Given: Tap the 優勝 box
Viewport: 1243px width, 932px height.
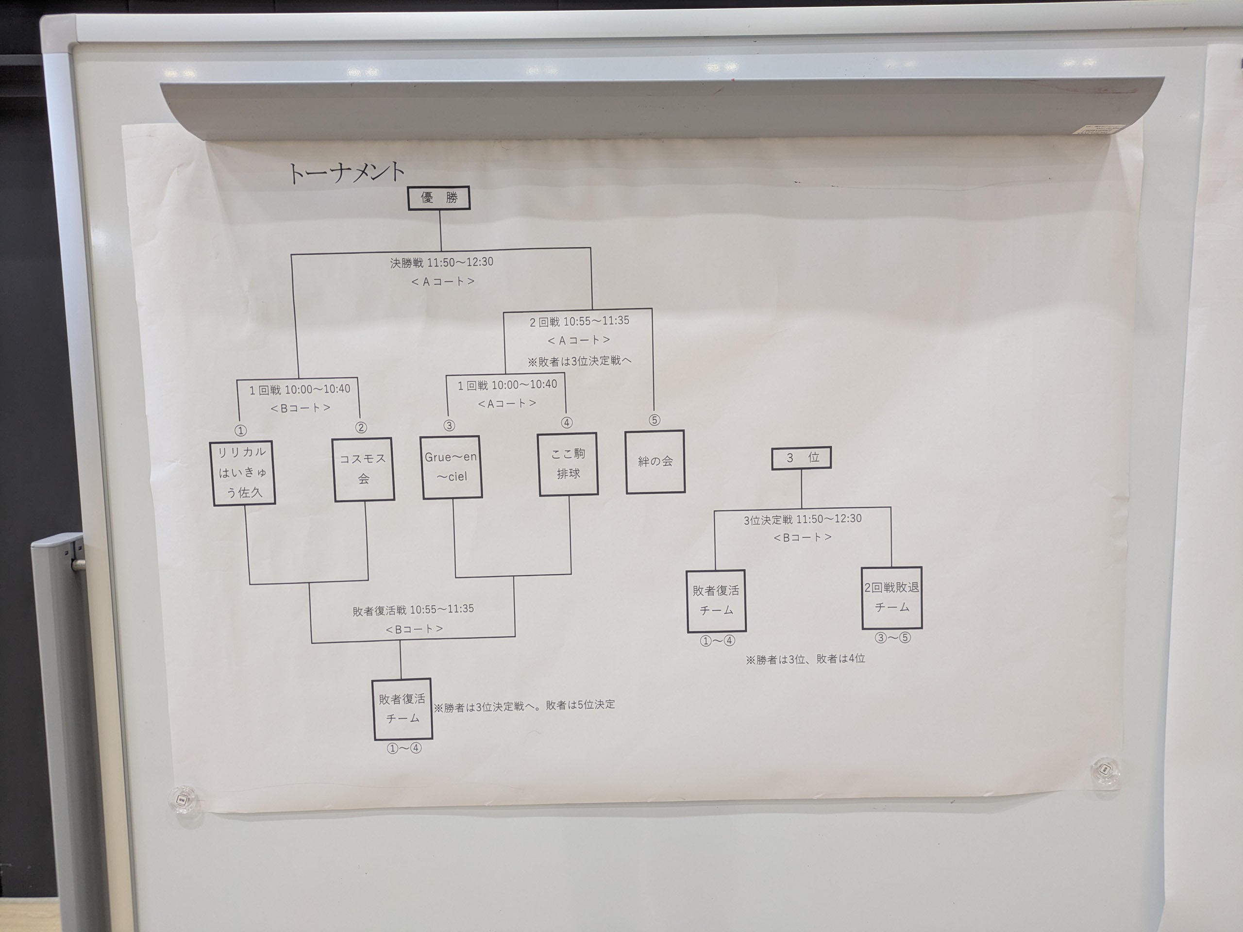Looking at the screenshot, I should point(439,198).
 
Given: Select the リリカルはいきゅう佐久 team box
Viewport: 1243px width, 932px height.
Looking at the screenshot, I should point(243,472).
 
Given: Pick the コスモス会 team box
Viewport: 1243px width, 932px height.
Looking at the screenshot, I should point(364,469).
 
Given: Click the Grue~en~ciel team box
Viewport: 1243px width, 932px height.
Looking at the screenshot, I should point(451,467).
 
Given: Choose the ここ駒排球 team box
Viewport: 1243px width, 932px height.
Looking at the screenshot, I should point(568,464).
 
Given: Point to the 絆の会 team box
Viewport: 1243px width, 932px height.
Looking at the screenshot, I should point(655,462).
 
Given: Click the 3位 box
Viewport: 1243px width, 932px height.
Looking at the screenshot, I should point(801,458).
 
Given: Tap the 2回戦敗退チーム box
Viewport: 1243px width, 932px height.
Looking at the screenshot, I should point(892,597).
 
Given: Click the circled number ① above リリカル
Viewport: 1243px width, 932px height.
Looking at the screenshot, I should point(240,431).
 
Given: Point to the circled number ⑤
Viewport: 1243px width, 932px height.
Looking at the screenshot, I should point(654,420).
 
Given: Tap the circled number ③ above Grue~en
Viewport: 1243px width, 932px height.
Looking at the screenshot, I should point(449,426).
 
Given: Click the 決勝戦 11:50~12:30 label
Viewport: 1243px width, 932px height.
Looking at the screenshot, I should point(442,262).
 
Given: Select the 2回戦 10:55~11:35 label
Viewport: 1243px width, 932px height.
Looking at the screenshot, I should point(579,321).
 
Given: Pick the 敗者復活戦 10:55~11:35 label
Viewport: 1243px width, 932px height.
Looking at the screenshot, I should point(413,610).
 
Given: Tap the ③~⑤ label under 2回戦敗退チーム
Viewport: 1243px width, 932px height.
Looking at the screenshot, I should point(892,638).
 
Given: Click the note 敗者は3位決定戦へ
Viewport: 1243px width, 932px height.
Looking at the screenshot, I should point(579,361).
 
